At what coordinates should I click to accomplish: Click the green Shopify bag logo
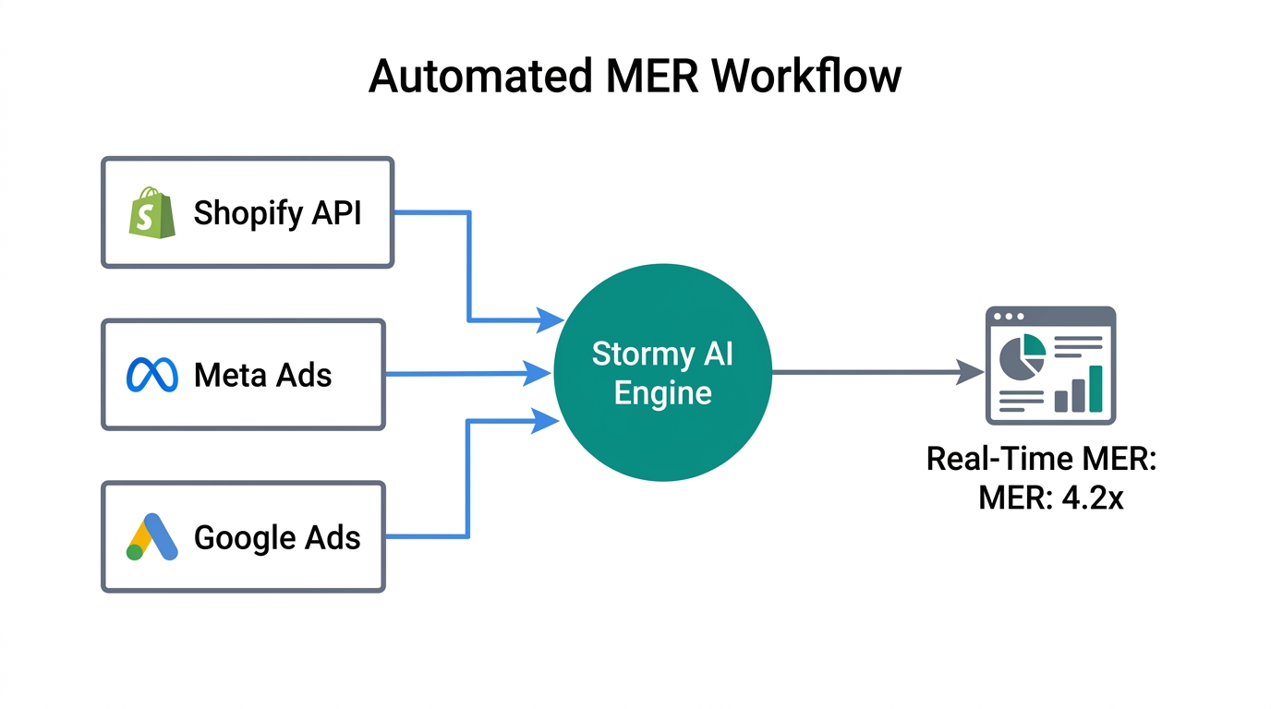click(x=152, y=213)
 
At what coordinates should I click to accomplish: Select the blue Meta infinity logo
click(x=151, y=375)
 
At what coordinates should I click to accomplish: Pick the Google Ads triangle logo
click(x=152, y=537)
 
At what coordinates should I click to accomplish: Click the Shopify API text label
click(x=277, y=213)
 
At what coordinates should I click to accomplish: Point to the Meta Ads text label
click(x=262, y=375)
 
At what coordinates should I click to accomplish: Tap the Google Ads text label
click(x=277, y=537)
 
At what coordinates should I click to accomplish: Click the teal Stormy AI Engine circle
click(x=662, y=374)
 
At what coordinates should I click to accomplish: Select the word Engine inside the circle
click(x=662, y=393)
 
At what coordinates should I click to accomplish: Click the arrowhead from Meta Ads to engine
click(x=539, y=374)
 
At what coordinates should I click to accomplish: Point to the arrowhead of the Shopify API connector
click(x=551, y=321)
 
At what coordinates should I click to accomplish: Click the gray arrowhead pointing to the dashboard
click(x=970, y=373)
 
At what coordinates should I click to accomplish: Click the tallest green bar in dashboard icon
click(x=1095, y=389)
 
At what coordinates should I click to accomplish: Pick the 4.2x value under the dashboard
click(x=1093, y=499)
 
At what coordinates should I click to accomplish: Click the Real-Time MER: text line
click(x=1041, y=459)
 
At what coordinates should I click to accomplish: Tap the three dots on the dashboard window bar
click(x=1008, y=317)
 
